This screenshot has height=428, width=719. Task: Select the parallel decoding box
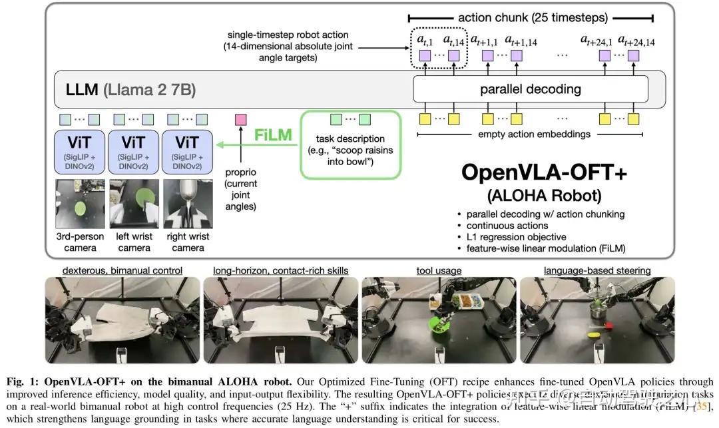point(530,89)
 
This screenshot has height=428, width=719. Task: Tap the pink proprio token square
point(241,120)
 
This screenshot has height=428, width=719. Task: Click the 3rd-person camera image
point(79,202)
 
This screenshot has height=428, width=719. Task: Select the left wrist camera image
point(134,202)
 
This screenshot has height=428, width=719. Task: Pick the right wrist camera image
point(188,202)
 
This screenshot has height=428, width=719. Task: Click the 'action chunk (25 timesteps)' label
point(530,17)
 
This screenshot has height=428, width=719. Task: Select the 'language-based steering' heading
point(597,270)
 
